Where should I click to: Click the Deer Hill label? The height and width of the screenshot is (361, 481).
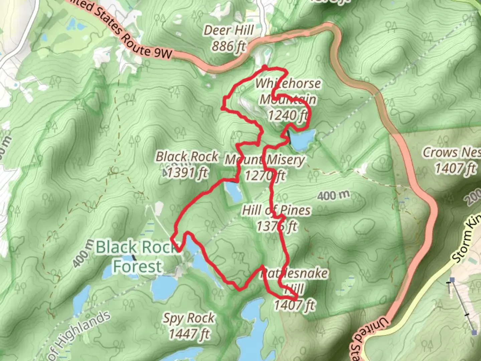tap(229, 30)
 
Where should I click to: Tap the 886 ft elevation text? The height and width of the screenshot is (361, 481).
tap(229, 46)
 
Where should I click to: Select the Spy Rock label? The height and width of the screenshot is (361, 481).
tap(189, 318)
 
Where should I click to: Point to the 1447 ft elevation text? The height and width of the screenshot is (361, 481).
tap(189, 334)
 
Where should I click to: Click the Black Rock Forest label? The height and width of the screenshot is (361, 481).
tap(137, 257)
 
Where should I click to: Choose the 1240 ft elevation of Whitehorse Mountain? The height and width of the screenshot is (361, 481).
tap(288, 115)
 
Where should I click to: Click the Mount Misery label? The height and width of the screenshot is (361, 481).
tap(265, 160)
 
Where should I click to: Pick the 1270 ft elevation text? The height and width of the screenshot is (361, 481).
tap(265, 175)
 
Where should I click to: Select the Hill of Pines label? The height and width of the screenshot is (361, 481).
tap(276, 211)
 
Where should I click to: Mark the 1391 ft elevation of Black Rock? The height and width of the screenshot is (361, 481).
tap(187, 173)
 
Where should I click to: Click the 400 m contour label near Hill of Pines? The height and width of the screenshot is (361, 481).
tap(333, 195)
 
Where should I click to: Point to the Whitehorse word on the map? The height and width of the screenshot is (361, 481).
tap(288, 84)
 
